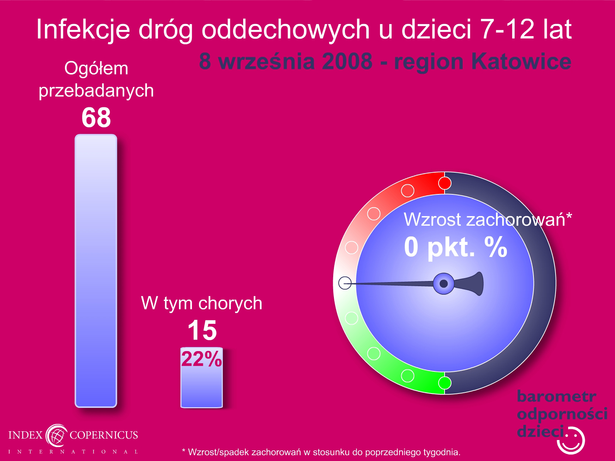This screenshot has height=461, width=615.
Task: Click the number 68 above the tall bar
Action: click(96, 118)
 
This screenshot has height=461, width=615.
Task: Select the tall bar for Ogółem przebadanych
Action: click(96, 271)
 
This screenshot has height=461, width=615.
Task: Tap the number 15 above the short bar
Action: click(202, 330)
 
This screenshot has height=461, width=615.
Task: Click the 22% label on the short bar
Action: click(201, 359)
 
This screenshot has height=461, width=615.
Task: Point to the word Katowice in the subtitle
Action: click(521, 61)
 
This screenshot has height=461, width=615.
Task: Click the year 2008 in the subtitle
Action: click(347, 61)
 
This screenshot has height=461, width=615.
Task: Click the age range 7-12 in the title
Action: click(507, 29)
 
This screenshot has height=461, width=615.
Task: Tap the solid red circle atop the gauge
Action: click(445, 183)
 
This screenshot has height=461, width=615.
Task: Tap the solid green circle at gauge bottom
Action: click(445, 383)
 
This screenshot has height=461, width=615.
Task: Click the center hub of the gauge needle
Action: click(443, 284)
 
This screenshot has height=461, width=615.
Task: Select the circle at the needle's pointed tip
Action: click(345, 283)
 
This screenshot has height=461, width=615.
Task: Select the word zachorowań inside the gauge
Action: click(515, 219)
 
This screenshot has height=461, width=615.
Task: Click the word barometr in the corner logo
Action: click(556, 396)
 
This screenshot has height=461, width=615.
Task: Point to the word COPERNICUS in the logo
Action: click(104, 435)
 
